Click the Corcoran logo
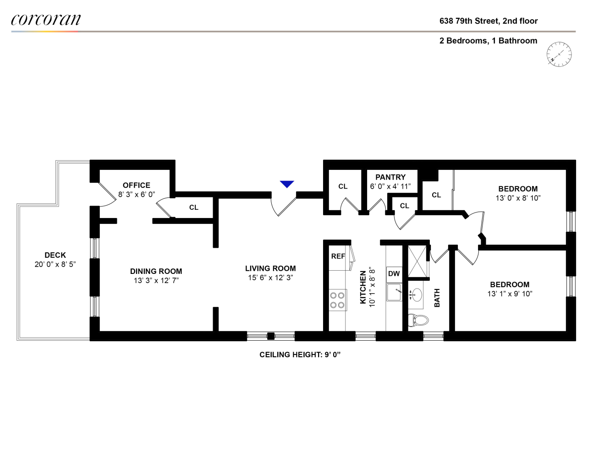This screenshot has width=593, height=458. pyautogui.click(x=46, y=20)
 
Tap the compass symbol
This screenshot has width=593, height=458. pyautogui.click(x=559, y=54)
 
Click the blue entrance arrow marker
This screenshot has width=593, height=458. pyautogui.click(x=287, y=184)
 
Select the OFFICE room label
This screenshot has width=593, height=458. pyautogui.click(x=137, y=185)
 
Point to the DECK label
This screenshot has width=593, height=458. pyautogui.click(x=55, y=255)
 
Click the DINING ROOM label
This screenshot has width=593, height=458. pyautogui.click(x=156, y=271)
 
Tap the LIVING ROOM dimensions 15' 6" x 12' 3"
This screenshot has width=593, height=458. pyautogui.click(x=270, y=278)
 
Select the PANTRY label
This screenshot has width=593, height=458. pyautogui.click(x=390, y=177)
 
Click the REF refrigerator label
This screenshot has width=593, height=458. pyautogui.click(x=338, y=256)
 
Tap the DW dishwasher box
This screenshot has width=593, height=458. pyautogui.click(x=394, y=274)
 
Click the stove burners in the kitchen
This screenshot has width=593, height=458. pyautogui.click(x=337, y=300)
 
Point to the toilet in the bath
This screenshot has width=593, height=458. pyautogui.click(x=417, y=320)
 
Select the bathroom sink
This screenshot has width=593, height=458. pyautogui.click(x=416, y=294)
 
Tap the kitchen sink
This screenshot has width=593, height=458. pyautogui.click(x=394, y=292)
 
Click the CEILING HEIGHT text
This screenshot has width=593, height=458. pyautogui.click(x=300, y=354)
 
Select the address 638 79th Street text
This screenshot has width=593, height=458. pyautogui.click(x=489, y=21)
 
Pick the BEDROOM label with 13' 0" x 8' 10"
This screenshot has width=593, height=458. pyautogui.click(x=518, y=189)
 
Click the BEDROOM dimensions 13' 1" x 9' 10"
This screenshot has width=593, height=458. pyautogui.click(x=510, y=294)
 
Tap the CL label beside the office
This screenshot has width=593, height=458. pyautogui.click(x=194, y=207)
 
